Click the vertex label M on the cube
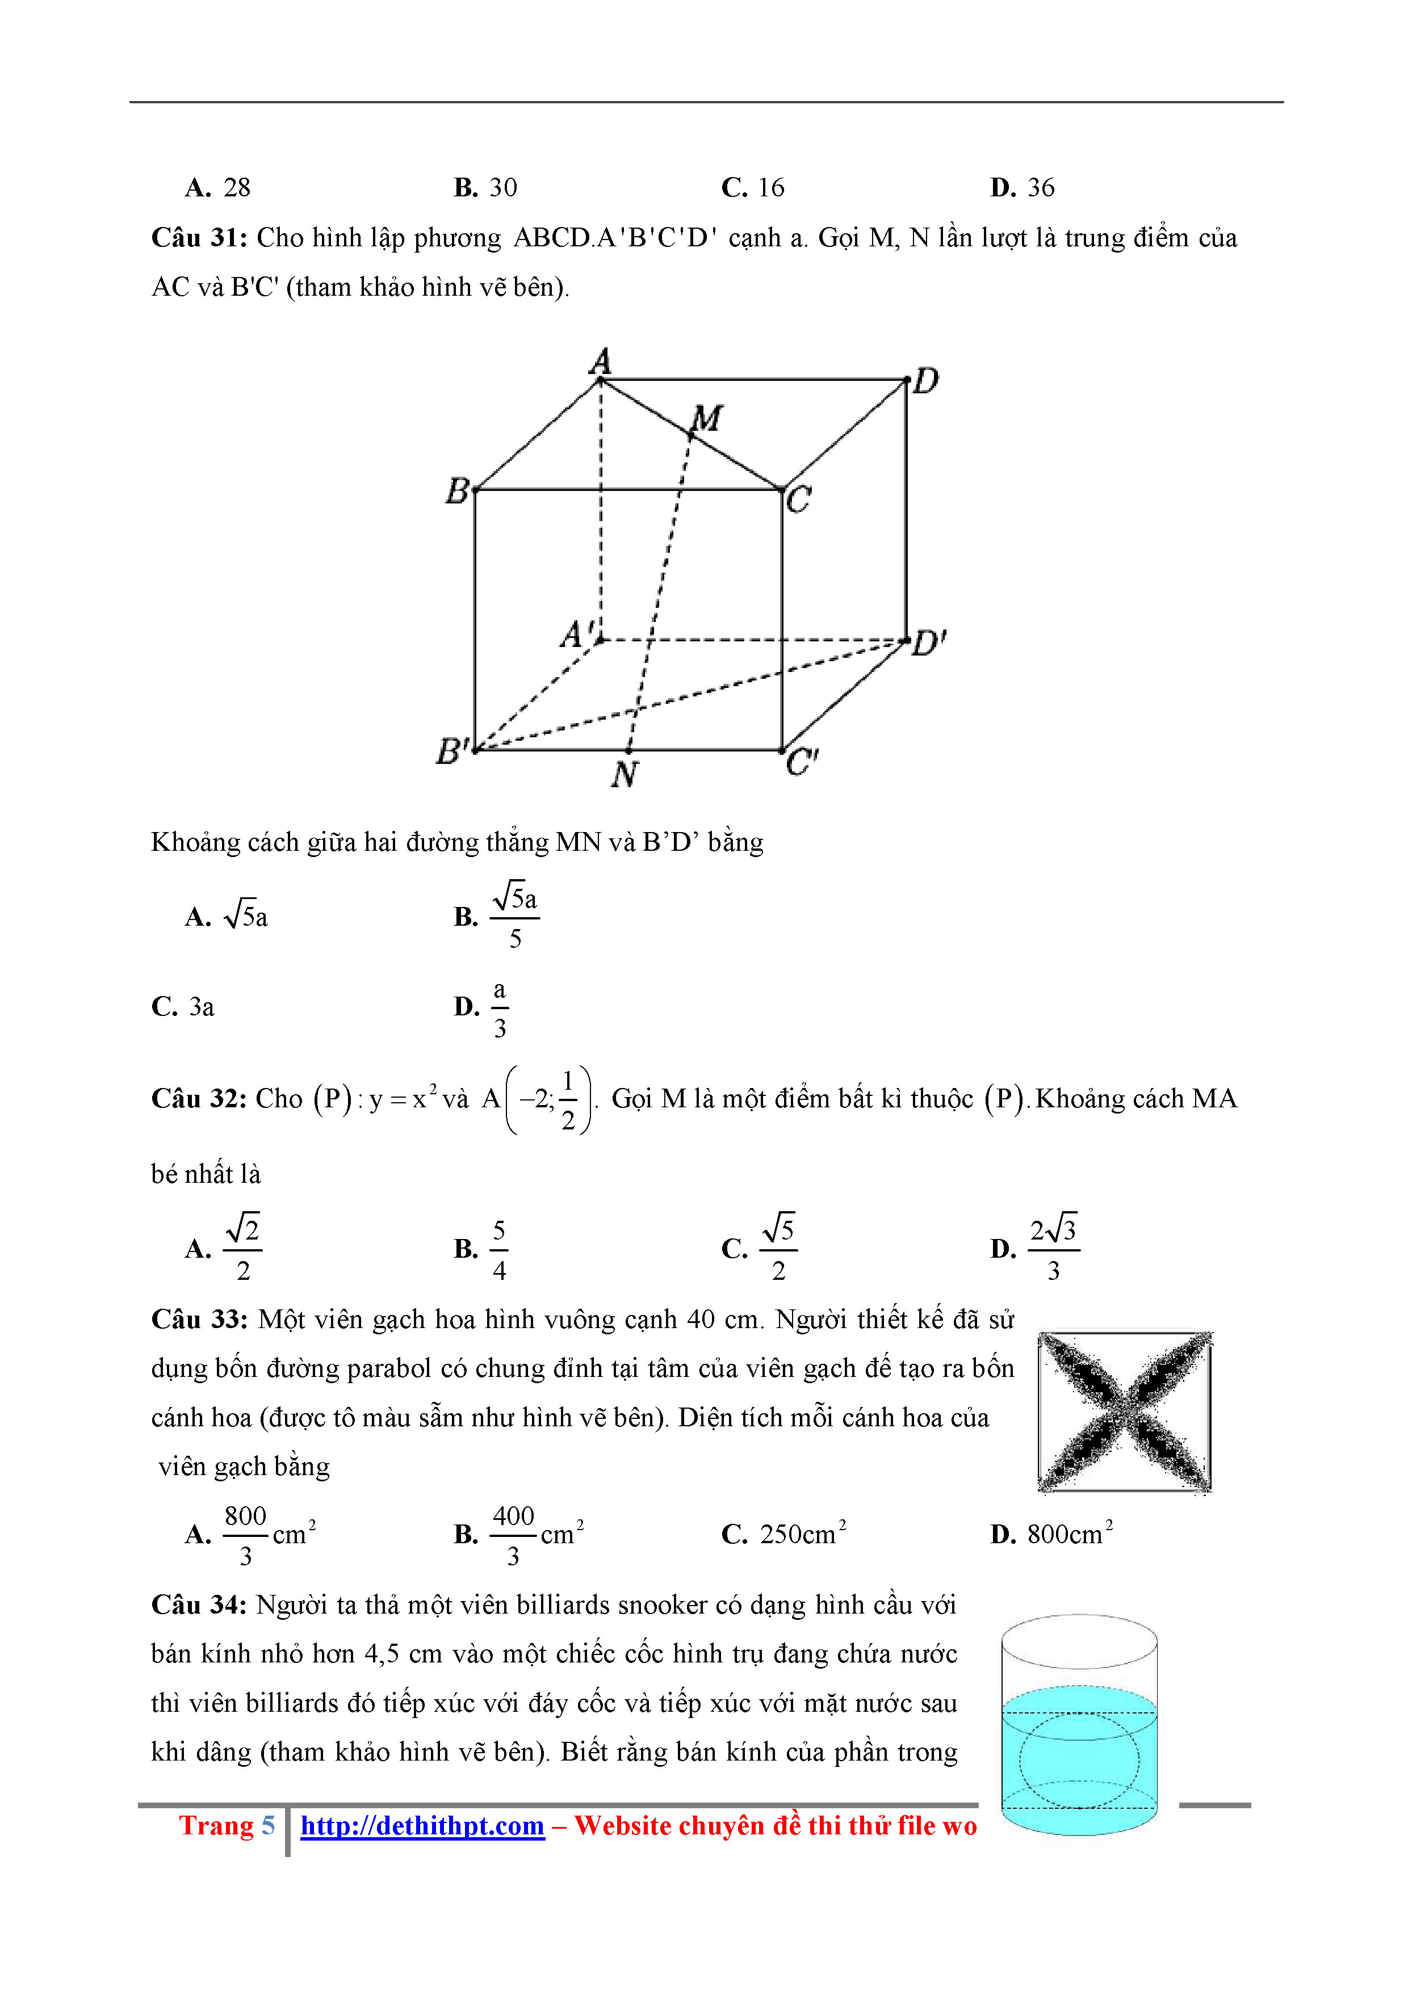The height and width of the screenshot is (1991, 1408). coord(707,419)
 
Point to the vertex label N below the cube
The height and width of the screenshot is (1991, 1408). coord(625,774)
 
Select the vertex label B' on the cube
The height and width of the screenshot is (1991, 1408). coord(453,751)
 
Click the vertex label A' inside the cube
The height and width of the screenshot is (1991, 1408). coord(577,634)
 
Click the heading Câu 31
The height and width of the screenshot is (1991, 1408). coord(199,238)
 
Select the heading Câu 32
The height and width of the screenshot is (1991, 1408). coord(199,1099)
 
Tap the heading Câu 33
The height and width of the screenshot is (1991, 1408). coord(199,1319)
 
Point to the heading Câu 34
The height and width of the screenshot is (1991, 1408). coord(199,1604)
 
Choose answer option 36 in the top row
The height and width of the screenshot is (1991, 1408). coord(1040,187)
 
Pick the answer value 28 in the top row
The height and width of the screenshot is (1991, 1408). coord(237,187)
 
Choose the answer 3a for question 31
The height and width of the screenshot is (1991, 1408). coord(202,1007)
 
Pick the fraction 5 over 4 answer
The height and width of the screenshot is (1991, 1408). coord(499,1250)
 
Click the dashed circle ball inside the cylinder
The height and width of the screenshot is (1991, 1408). coord(1079,1761)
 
